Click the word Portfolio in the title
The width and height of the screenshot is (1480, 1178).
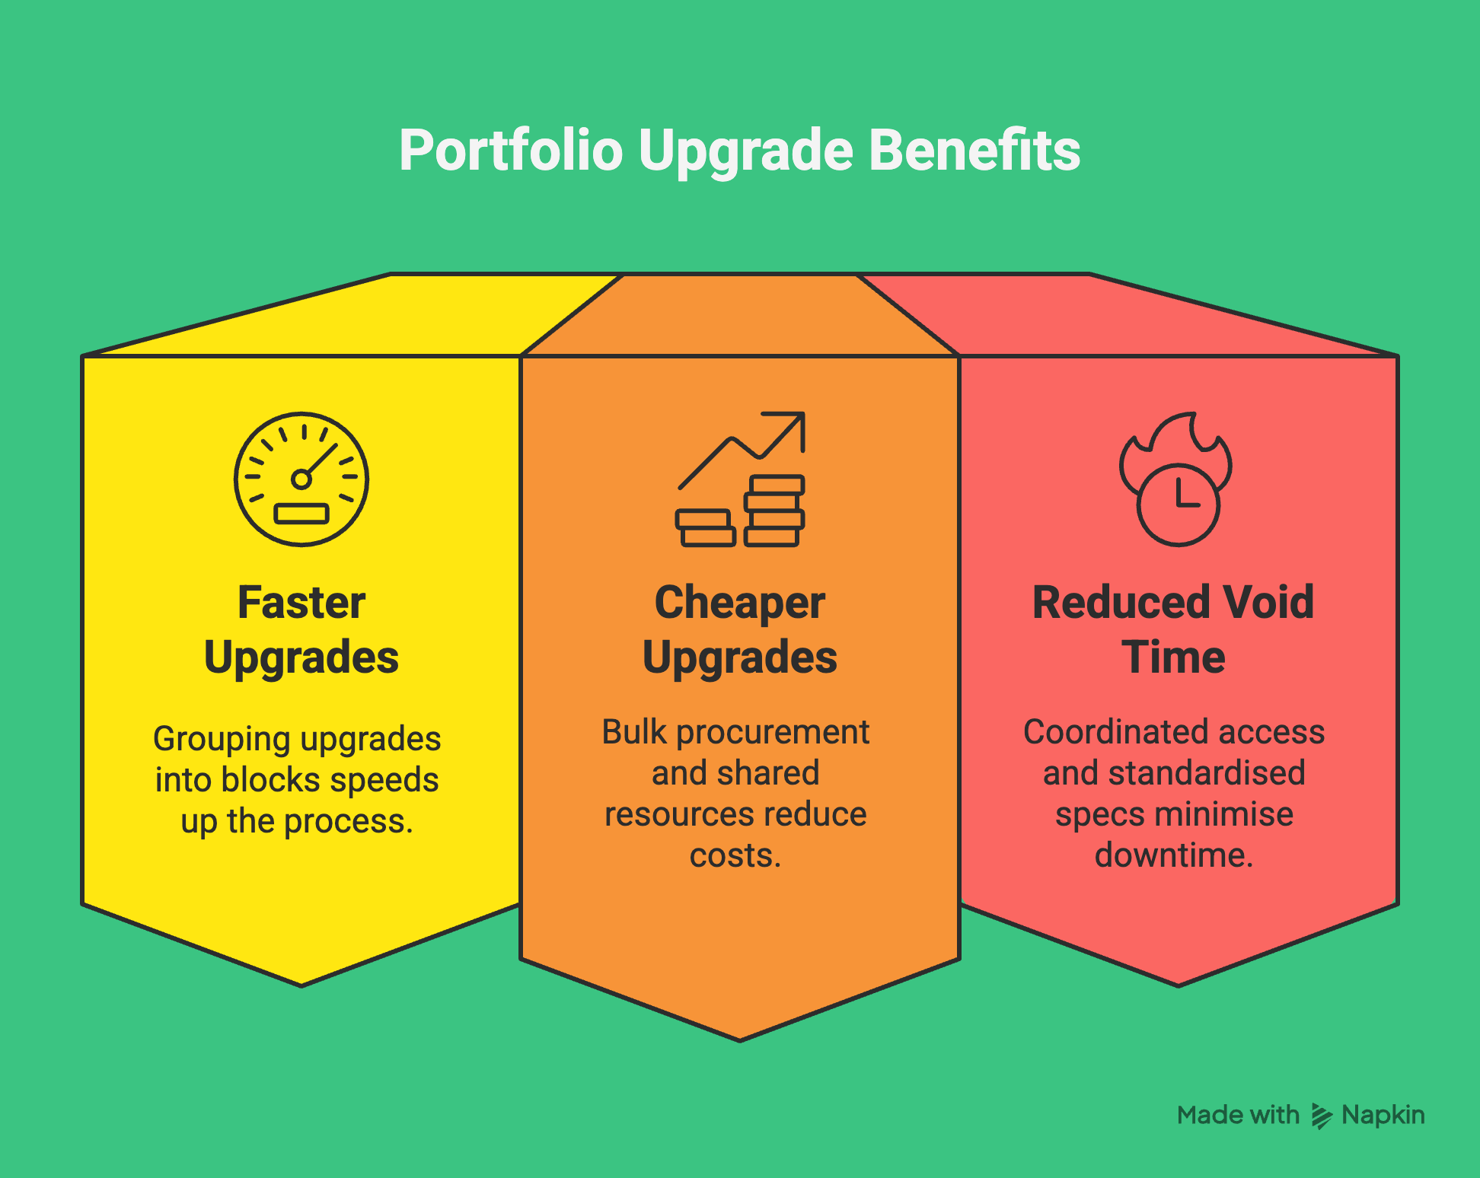[x=511, y=151]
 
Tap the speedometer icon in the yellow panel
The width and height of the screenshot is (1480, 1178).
[x=301, y=479]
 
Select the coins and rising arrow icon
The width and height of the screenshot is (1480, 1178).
[x=741, y=479]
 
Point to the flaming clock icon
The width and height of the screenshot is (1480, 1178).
[x=1176, y=479]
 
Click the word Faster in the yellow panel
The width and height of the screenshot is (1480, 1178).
[x=301, y=603]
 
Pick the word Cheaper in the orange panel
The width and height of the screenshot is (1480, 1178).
[x=740, y=603]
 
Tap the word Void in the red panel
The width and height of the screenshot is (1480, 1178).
[x=1269, y=603]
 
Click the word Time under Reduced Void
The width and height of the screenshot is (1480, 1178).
[x=1174, y=657]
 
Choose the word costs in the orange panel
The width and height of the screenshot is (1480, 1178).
[x=735, y=855]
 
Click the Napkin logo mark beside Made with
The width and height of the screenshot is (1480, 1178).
[x=1322, y=1116]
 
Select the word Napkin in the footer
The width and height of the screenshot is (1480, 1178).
[x=1383, y=1115]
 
